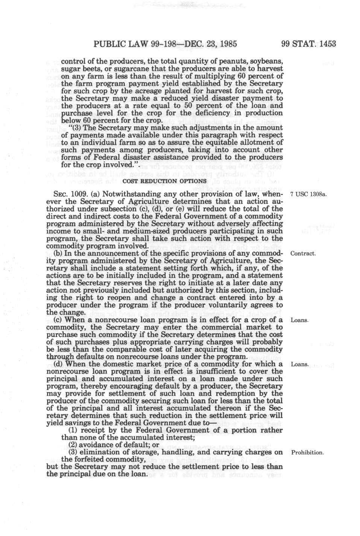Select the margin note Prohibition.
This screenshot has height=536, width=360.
307,452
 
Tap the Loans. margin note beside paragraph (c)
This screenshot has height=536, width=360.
300,320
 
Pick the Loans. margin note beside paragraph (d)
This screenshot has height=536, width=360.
300,364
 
